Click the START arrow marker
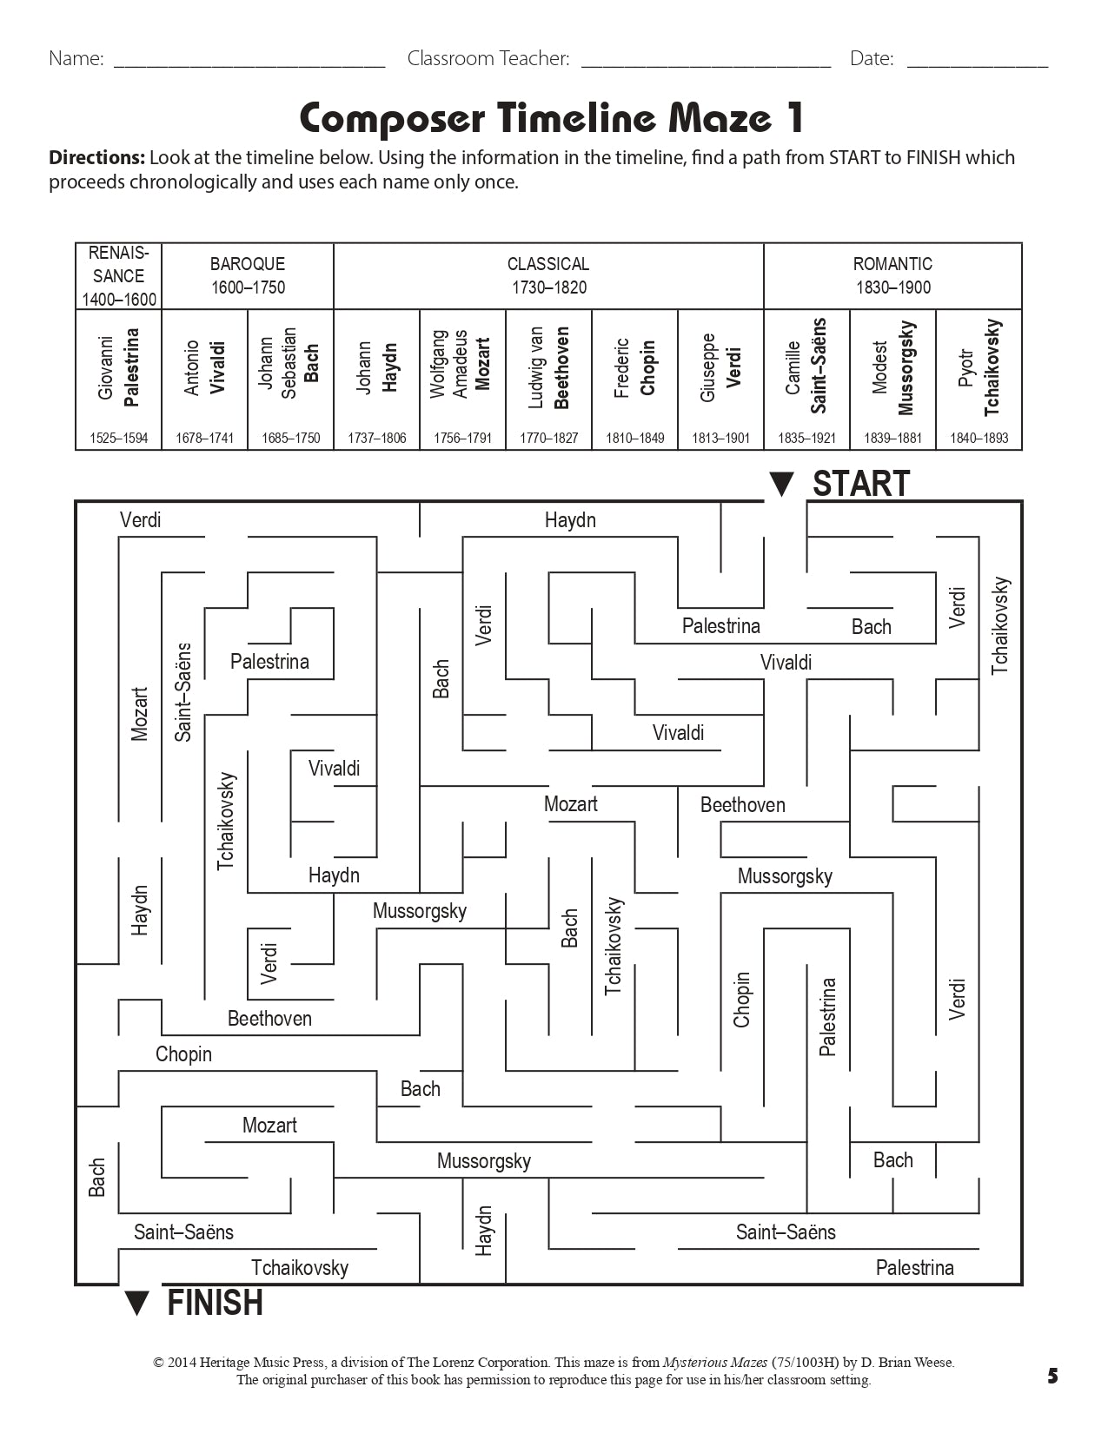(x=781, y=485)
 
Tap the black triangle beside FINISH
(x=137, y=1304)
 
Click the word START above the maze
(x=860, y=485)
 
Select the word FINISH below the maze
(x=215, y=1304)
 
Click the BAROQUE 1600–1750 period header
(x=248, y=275)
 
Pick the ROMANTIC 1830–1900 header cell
(x=892, y=275)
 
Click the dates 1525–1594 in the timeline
(x=118, y=438)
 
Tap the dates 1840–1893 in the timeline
(x=979, y=438)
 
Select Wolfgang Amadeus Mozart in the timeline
(x=462, y=365)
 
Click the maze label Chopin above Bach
(x=183, y=1054)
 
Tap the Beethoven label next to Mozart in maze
(x=742, y=805)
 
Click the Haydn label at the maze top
(x=570, y=520)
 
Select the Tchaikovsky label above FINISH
(x=300, y=1268)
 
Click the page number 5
(x=1052, y=1376)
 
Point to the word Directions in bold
(x=96, y=158)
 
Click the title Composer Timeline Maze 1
(x=552, y=118)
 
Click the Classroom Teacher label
(x=488, y=59)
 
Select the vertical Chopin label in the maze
(x=741, y=1000)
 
